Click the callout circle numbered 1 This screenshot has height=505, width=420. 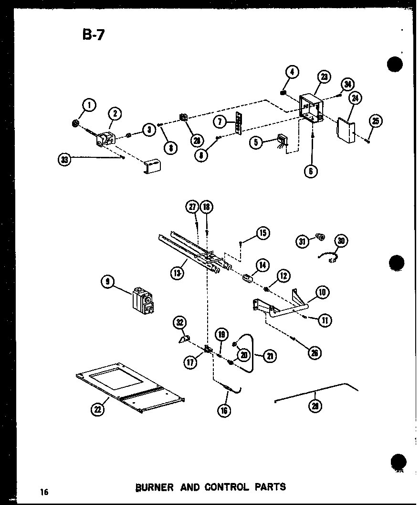click(x=89, y=104)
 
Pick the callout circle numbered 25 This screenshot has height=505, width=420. click(x=376, y=121)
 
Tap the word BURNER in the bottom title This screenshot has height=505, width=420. click(x=154, y=487)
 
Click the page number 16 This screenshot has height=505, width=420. click(x=44, y=492)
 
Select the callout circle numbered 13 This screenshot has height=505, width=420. click(x=177, y=274)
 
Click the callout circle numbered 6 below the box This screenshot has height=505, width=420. click(x=311, y=171)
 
